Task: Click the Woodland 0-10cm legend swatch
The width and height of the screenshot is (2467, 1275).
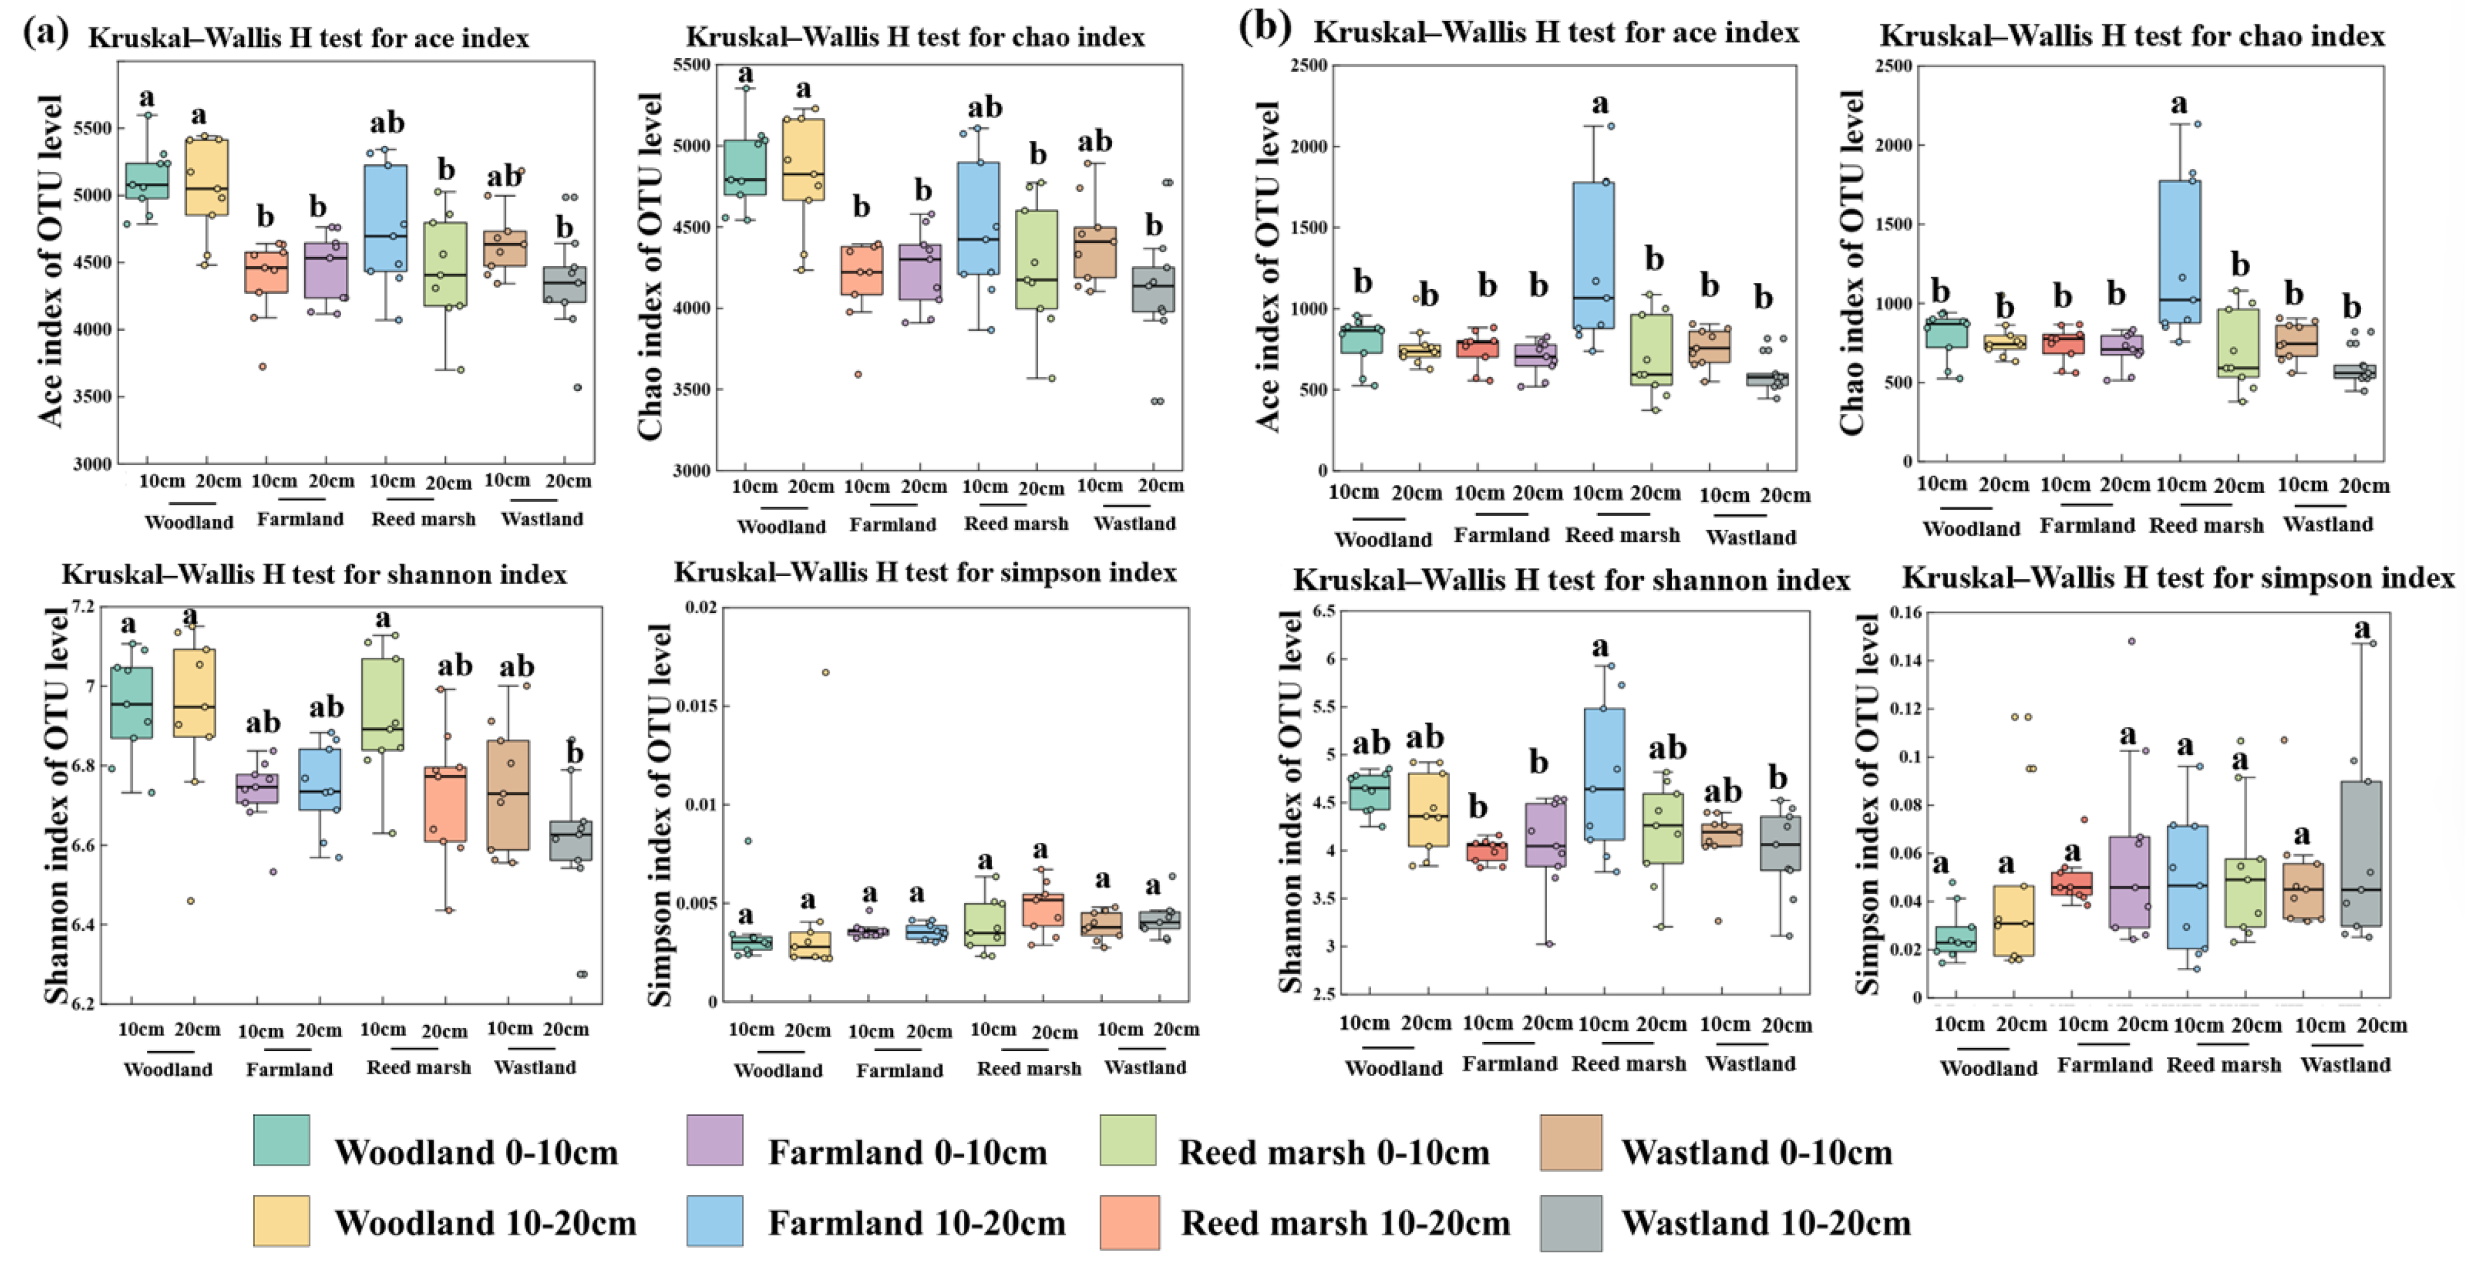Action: point(282,1140)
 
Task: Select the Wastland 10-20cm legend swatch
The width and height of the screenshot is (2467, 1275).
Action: point(1571,1224)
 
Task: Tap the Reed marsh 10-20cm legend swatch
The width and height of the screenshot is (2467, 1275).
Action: point(1130,1224)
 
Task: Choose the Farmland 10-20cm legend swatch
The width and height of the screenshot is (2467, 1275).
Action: point(714,1221)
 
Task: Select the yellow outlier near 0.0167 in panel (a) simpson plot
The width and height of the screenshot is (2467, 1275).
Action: point(826,672)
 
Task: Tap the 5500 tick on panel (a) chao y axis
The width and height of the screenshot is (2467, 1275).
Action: point(693,64)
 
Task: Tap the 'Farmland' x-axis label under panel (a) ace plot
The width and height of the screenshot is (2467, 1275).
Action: point(300,519)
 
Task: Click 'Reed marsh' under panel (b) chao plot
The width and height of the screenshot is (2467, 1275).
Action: point(2207,525)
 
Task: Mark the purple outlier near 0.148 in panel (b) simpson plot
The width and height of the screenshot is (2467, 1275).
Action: point(2132,641)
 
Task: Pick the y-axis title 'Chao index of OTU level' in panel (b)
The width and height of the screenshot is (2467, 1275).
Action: point(1852,263)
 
